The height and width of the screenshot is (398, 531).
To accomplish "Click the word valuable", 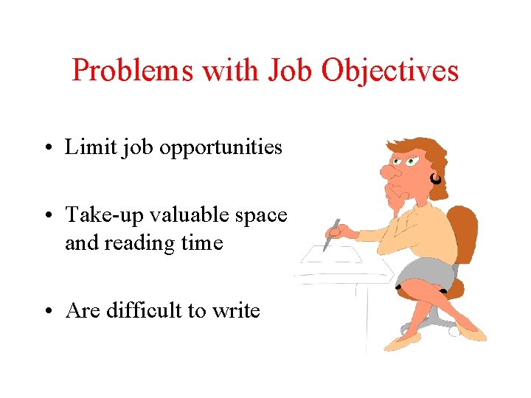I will click(x=197, y=214).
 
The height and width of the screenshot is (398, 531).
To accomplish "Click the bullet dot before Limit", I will click(x=46, y=149).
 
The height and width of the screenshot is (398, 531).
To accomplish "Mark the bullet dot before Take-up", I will click(x=46, y=216).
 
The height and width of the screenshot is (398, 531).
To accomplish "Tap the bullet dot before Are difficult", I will click(x=46, y=312).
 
